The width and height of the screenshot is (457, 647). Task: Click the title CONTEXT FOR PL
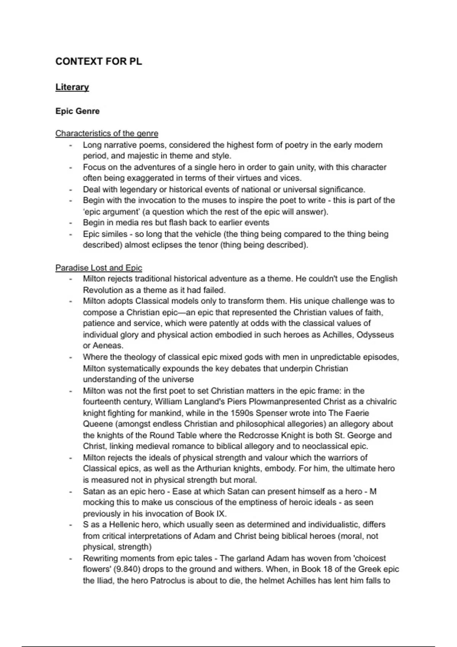99,62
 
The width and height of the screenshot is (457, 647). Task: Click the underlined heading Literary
72,87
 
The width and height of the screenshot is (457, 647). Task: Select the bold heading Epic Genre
77,111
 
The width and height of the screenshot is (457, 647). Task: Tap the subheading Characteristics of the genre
107,134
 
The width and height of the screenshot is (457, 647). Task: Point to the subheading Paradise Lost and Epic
99,268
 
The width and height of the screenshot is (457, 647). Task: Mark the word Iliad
105,581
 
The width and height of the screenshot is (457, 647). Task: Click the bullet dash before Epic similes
70,234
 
